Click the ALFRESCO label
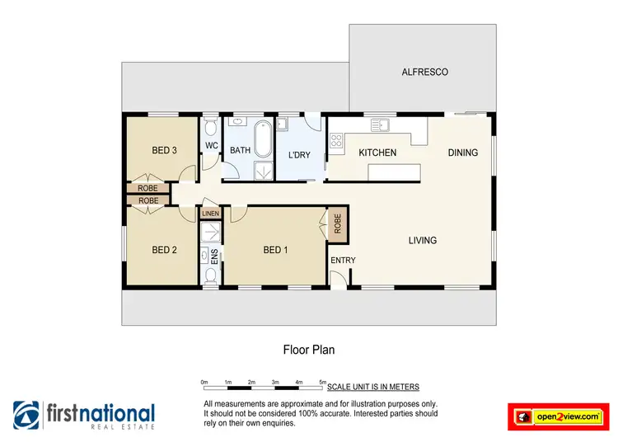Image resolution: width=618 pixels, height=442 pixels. (x=424, y=73)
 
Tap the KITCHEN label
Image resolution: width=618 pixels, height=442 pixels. (x=377, y=153)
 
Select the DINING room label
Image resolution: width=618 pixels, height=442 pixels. (x=463, y=153)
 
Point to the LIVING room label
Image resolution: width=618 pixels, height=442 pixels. (x=423, y=241)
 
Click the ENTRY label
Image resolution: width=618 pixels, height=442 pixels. (x=343, y=261)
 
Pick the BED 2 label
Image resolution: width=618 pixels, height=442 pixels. (x=165, y=250)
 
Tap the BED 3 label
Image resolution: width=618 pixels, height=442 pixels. (x=165, y=150)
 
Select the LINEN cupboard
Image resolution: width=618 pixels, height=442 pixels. (x=210, y=214)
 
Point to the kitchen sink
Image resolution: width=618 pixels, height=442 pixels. (x=380, y=125)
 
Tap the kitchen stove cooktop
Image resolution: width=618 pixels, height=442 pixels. (x=337, y=141)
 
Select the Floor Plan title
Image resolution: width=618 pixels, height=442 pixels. (x=309, y=350)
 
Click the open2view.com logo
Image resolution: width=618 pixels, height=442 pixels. (x=558, y=416)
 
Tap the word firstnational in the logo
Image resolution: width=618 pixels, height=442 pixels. (x=100, y=412)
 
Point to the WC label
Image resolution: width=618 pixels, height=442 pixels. (x=211, y=146)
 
